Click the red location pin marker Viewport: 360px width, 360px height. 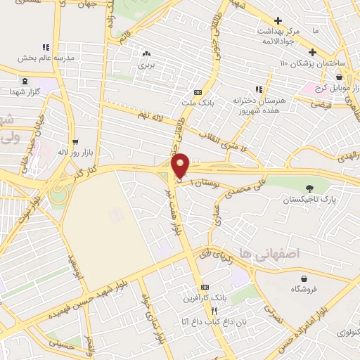(181, 165)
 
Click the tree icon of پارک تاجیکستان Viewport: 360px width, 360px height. (310, 188)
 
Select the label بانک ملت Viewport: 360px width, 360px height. (198, 103)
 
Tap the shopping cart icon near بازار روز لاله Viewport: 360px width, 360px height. (75, 141)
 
